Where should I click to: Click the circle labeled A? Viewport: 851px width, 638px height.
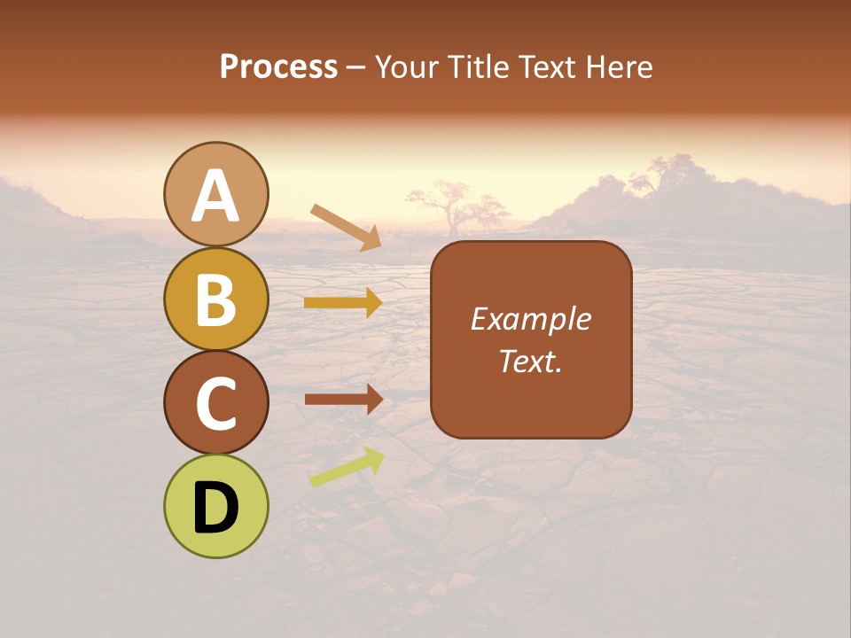[x=216, y=194]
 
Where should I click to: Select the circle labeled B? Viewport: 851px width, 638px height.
[x=216, y=299]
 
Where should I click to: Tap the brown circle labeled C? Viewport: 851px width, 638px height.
[x=216, y=402]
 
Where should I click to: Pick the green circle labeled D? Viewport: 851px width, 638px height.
[x=216, y=506]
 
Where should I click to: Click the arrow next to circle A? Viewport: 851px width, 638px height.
[x=347, y=227]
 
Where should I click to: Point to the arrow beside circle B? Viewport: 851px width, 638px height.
[x=343, y=303]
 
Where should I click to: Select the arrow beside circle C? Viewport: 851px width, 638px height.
[x=343, y=400]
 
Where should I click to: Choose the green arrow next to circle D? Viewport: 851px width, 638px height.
[x=347, y=467]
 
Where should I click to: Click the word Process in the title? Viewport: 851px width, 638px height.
[x=278, y=67]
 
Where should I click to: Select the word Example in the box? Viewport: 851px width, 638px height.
[x=531, y=319]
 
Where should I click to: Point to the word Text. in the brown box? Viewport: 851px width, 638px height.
[x=531, y=361]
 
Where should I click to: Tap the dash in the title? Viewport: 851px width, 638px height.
[x=355, y=68]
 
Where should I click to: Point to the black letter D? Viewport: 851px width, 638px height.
[x=216, y=508]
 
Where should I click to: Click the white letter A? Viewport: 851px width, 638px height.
[x=216, y=196]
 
